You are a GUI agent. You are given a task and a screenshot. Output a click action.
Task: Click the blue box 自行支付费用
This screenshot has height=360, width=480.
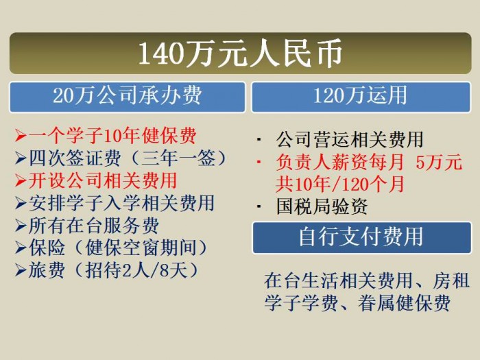(361, 237)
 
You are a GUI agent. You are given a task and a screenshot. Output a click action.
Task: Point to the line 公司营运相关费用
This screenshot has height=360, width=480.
(350, 140)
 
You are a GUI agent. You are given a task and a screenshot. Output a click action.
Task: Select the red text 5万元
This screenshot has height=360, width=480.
(439, 163)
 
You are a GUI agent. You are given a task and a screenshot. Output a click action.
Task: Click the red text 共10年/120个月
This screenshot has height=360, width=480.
(340, 184)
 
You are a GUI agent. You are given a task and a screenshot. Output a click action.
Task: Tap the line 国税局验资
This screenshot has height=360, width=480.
(322, 206)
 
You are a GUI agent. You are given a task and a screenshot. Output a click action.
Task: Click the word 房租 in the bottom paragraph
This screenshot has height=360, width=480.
(451, 280)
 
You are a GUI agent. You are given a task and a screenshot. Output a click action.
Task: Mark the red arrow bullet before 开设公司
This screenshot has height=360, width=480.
(21, 181)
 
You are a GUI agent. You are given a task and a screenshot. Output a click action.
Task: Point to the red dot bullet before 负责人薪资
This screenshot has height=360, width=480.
(259, 161)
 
